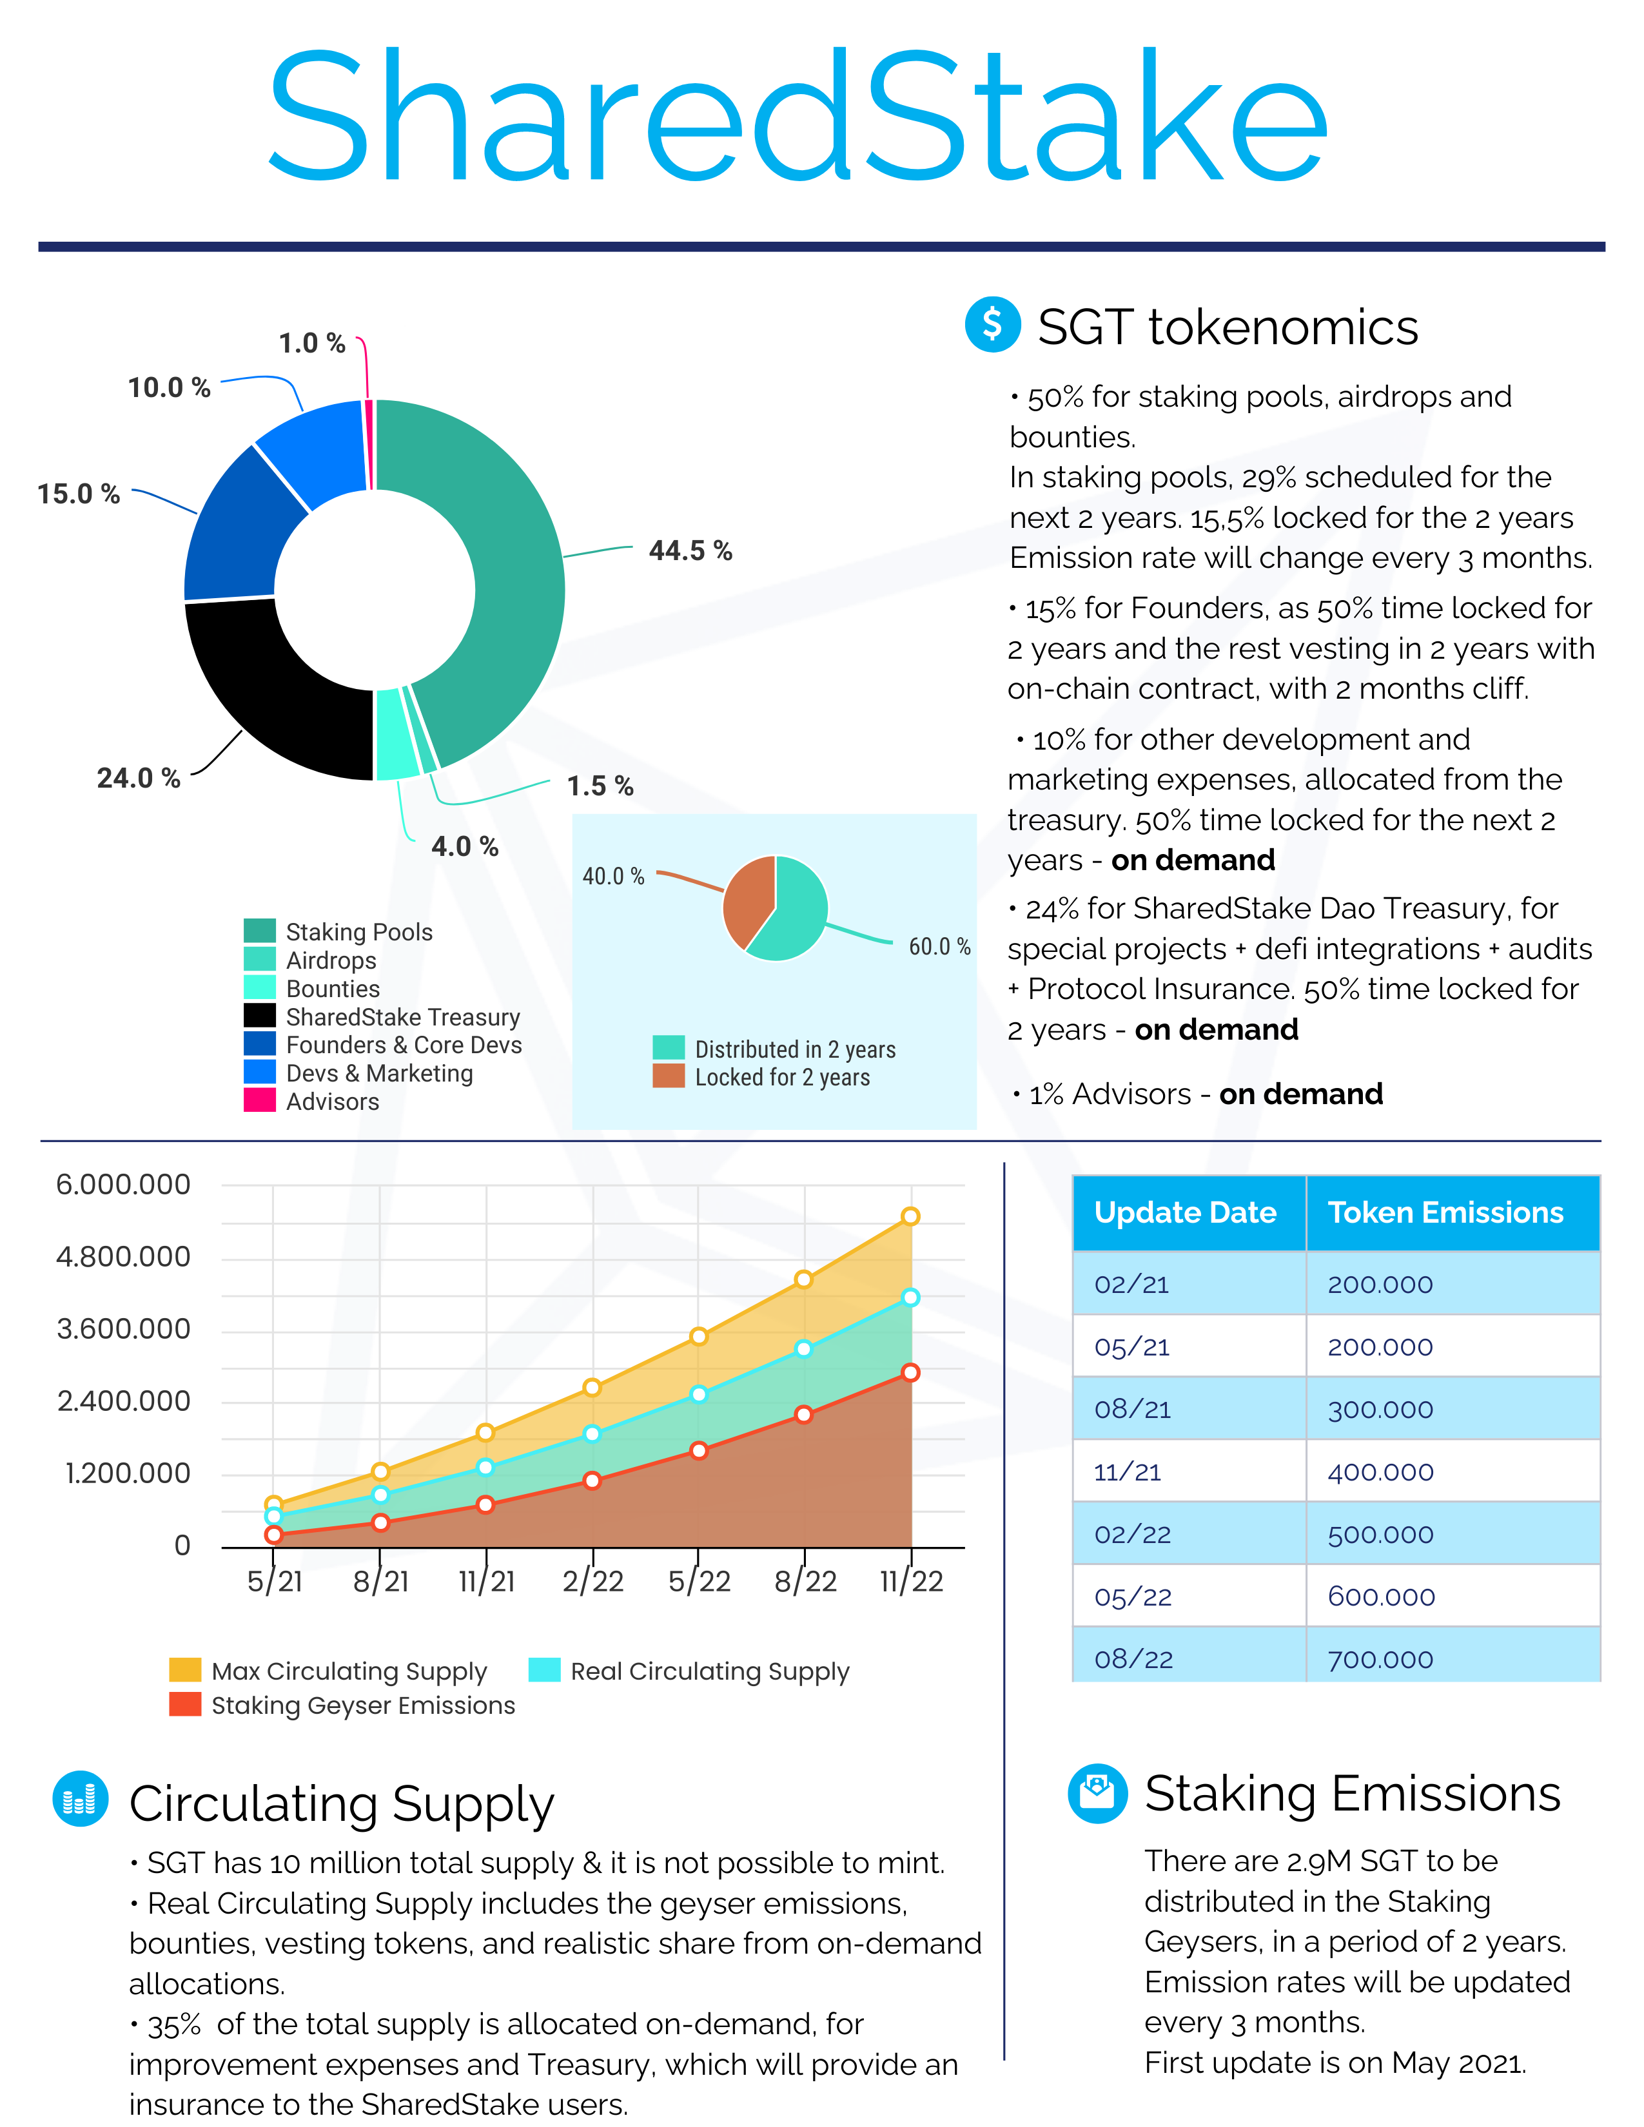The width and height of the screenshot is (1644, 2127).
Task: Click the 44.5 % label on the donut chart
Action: (690, 551)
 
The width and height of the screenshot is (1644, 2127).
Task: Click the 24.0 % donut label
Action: (139, 778)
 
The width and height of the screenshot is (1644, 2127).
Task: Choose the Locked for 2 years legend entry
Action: (761, 1077)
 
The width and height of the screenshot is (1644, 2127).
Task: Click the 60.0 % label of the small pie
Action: (939, 947)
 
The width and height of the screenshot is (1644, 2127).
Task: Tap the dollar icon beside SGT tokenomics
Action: (992, 324)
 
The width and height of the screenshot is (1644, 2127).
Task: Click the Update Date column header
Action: (1185, 1212)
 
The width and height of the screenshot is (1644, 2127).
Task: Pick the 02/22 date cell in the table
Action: (1133, 1535)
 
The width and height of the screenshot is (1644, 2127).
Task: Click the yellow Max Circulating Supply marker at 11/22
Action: (910, 1216)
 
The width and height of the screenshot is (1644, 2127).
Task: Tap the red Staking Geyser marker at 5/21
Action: (273, 1535)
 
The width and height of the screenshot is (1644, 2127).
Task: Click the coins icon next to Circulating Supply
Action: (80, 1799)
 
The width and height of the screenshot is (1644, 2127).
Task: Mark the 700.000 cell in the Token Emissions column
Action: (1380, 1660)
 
